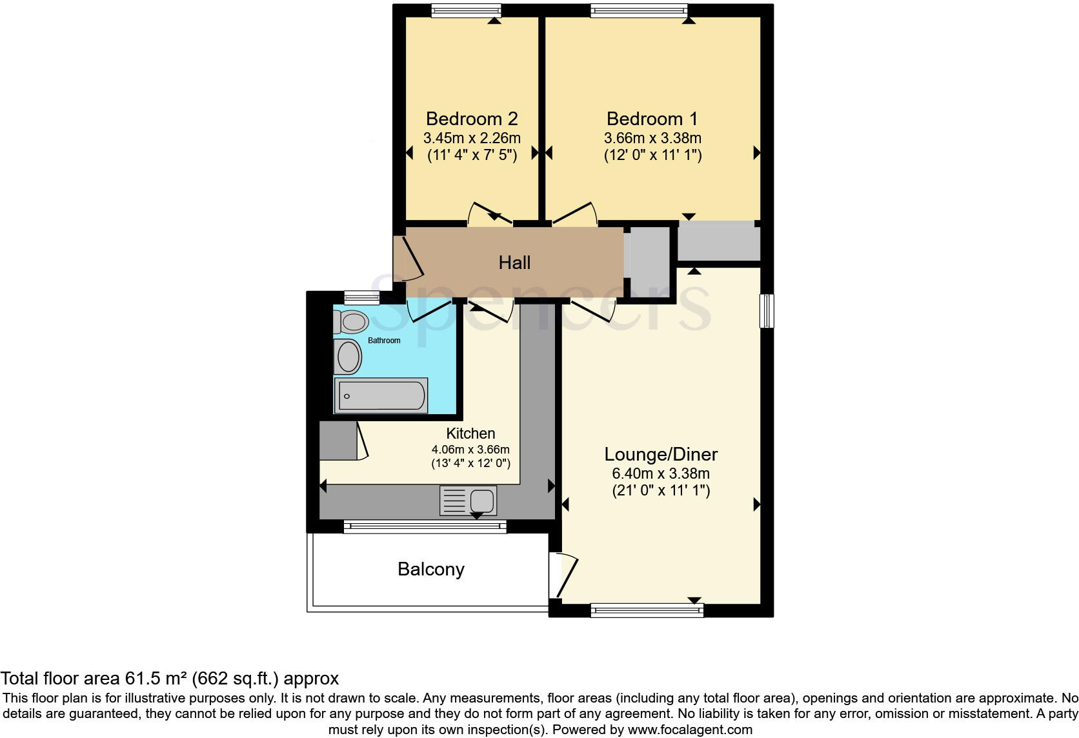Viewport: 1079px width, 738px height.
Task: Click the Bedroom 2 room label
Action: click(472, 119)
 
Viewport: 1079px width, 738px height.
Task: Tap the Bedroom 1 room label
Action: click(652, 119)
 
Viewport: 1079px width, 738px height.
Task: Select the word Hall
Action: click(514, 263)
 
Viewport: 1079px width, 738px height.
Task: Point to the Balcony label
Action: click(431, 569)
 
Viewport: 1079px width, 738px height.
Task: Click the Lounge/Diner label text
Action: click(661, 454)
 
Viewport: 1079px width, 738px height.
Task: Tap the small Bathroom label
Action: click(384, 341)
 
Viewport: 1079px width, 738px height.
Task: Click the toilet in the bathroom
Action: click(351, 321)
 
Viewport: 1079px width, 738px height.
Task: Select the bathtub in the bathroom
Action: click(381, 395)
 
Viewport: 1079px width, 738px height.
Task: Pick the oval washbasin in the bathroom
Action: click(348, 356)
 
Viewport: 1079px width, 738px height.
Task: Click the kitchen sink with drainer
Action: click(469, 501)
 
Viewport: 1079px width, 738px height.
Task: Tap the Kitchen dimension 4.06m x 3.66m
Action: click(470, 450)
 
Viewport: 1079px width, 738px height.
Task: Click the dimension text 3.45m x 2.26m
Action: click(472, 138)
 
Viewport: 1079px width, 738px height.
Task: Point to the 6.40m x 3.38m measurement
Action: click(661, 474)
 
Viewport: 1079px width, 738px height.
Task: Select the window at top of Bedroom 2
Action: click(466, 10)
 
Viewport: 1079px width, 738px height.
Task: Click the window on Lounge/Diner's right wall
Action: click(767, 311)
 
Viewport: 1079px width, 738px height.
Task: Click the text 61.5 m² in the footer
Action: click(155, 679)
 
